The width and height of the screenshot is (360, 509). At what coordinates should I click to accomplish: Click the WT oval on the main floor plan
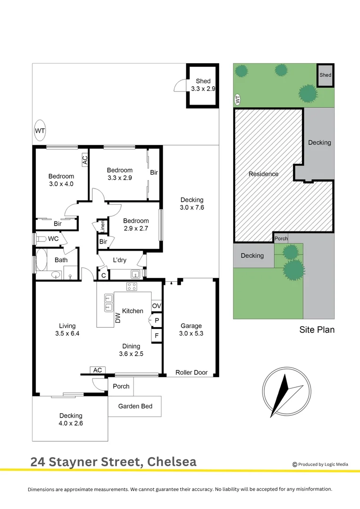(x=40, y=131)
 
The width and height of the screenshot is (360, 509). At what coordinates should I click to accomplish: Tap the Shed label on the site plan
(x=325, y=75)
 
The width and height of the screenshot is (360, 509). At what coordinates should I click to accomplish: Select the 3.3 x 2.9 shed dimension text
(x=203, y=89)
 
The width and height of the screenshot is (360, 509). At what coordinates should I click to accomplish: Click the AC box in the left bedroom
(x=85, y=160)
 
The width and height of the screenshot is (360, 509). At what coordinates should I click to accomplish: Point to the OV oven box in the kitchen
(x=156, y=306)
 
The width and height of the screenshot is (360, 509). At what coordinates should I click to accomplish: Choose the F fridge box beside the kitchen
(x=156, y=336)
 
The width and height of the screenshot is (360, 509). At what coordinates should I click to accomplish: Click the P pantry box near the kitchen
(x=156, y=320)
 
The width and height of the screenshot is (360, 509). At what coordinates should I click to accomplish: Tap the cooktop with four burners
(x=131, y=287)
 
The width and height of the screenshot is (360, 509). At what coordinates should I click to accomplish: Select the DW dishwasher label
(x=118, y=318)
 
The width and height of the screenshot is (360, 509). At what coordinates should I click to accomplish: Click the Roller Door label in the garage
(x=191, y=372)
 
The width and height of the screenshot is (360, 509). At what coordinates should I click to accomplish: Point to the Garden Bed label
(x=135, y=406)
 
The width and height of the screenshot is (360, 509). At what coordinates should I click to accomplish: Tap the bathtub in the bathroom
(x=41, y=260)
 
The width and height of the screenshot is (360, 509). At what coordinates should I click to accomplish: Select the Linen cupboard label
(x=103, y=226)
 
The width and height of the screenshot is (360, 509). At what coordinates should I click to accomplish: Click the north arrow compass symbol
(x=286, y=392)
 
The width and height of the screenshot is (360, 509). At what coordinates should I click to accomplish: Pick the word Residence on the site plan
(x=263, y=174)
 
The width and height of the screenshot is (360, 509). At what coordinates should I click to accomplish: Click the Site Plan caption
(x=317, y=330)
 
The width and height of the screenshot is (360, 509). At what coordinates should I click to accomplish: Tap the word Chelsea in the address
(x=172, y=462)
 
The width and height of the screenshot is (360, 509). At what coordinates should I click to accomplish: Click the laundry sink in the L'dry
(x=135, y=274)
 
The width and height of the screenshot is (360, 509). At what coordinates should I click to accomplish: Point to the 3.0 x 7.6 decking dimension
(x=192, y=207)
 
